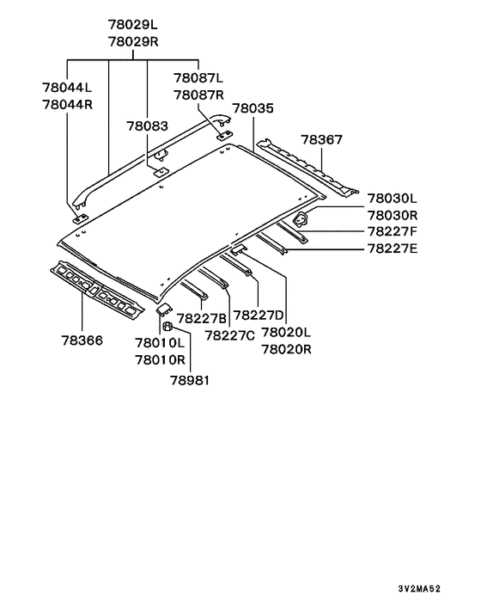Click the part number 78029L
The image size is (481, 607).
pyautogui.click(x=132, y=25)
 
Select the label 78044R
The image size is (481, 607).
pyautogui.click(x=68, y=105)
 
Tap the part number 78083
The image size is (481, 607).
pyautogui.click(x=148, y=126)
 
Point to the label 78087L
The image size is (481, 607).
pyautogui.click(x=198, y=78)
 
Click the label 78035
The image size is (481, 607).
pyautogui.click(x=253, y=108)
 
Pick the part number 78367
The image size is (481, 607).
pyautogui.click(x=322, y=140)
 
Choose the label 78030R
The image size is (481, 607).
pyautogui.click(x=393, y=215)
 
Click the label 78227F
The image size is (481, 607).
pyautogui.click(x=393, y=231)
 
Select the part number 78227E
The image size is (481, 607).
pyautogui.click(x=393, y=248)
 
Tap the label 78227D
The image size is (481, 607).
pyautogui.click(x=259, y=316)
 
